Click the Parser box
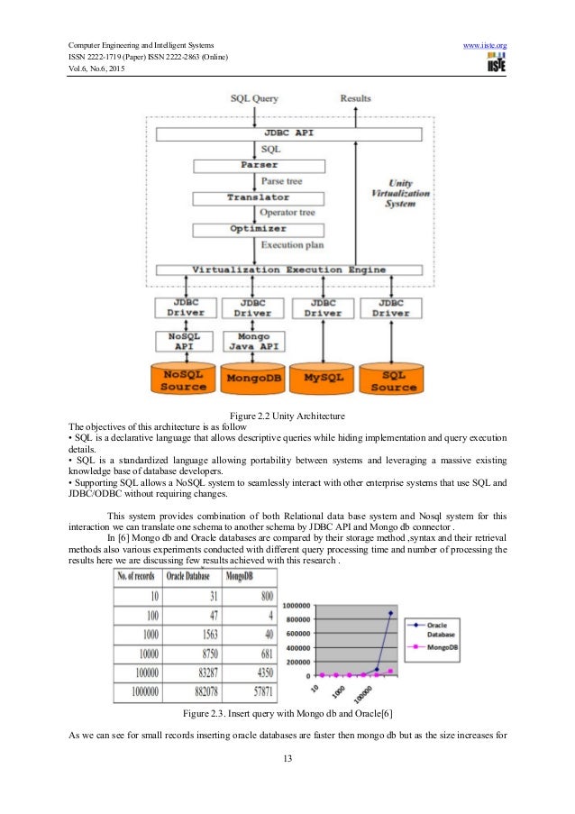pyautogui.click(x=259, y=166)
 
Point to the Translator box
pyautogui.click(x=259, y=197)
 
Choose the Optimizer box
pyautogui.click(x=259, y=229)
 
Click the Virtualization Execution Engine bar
pyautogui.click(x=288, y=270)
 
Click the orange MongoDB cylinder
pyautogui.click(x=252, y=376)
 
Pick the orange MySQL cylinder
pyautogui.click(x=321, y=376)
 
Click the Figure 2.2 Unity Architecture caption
pyautogui.click(x=288, y=415)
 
